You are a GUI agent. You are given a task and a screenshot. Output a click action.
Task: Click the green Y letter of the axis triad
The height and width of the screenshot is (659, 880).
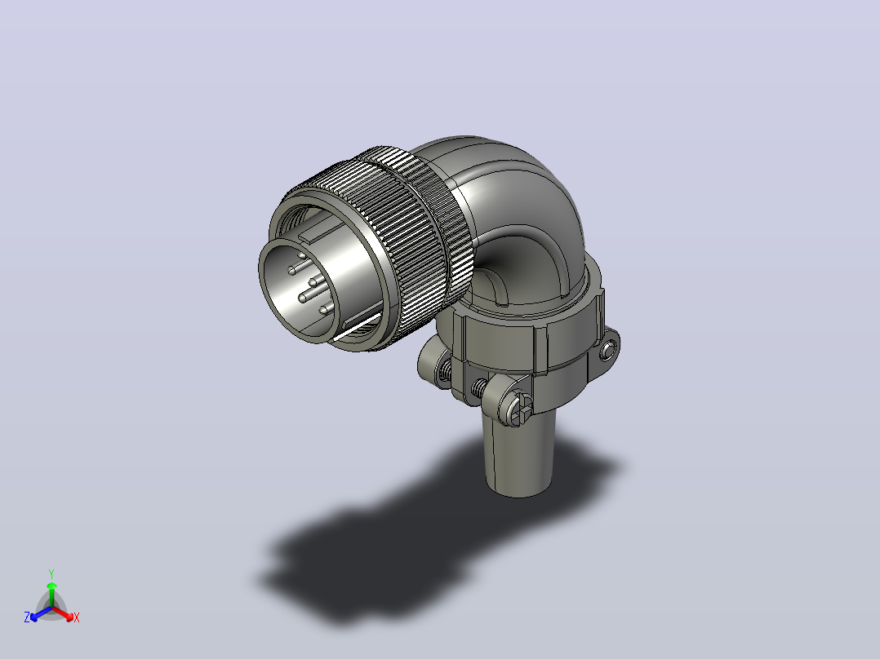51,573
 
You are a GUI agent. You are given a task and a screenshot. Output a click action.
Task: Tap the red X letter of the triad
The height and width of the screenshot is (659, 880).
77,617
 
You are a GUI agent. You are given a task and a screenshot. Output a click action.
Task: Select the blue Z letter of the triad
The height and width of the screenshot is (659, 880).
27,617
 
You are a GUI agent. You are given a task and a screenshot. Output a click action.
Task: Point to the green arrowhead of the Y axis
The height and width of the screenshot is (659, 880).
51,586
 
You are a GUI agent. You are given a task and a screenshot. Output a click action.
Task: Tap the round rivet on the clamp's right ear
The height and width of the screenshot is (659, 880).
608,351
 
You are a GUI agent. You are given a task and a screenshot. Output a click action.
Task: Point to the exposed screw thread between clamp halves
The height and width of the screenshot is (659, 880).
478,387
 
